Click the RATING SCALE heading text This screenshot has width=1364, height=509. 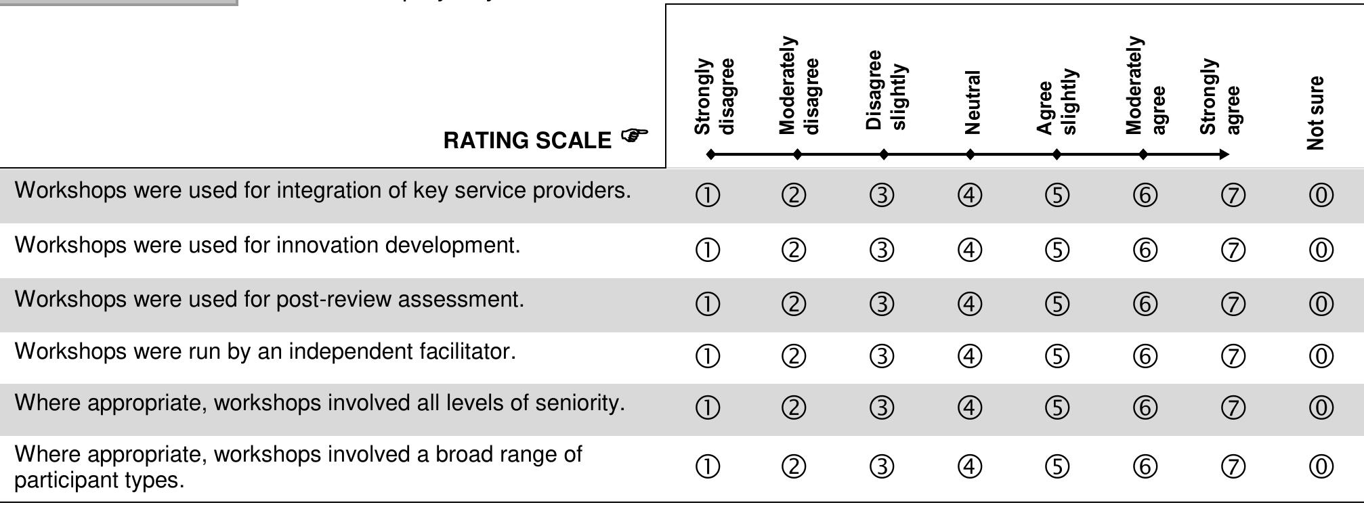click(x=527, y=141)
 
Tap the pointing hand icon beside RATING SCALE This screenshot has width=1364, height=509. click(x=633, y=136)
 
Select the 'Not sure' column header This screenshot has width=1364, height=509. click(x=1316, y=112)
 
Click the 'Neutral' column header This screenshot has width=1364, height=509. click(x=972, y=102)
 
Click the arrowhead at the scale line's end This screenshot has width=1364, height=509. click(x=1224, y=154)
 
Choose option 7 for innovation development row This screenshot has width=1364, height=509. click(x=1233, y=250)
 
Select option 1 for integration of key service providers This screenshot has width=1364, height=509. click(x=708, y=196)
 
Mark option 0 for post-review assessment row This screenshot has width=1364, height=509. click(x=1321, y=304)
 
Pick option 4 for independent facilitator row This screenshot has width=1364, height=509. click(x=970, y=356)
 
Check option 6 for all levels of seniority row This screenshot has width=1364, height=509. click(x=1145, y=407)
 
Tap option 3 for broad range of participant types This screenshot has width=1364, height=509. click(x=882, y=466)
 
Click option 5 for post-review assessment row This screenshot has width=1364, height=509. click(x=1057, y=304)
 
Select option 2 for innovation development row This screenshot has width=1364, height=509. click(x=794, y=250)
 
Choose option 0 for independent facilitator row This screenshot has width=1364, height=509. click(x=1321, y=356)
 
